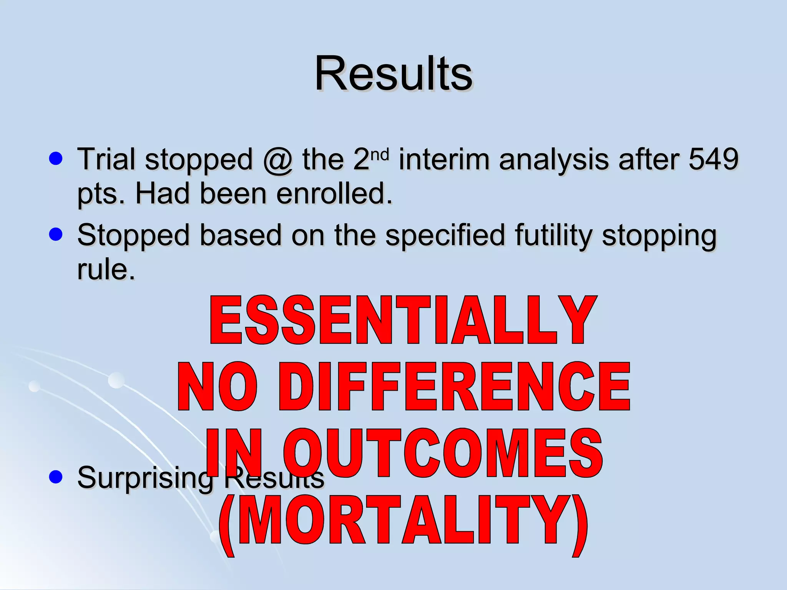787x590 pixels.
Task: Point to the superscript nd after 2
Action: pyautogui.click(x=380, y=154)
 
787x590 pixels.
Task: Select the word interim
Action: pyautogui.click(x=444, y=159)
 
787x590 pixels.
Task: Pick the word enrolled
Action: pyautogui.click(x=334, y=193)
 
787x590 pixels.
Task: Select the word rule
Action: pyautogui.click(x=106, y=269)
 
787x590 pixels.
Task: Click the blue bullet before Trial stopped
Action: pyautogui.click(x=56, y=159)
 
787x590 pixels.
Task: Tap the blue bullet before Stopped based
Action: pyautogui.click(x=56, y=235)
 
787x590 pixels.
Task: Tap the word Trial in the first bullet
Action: pyautogui.click(x=106, y=159)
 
